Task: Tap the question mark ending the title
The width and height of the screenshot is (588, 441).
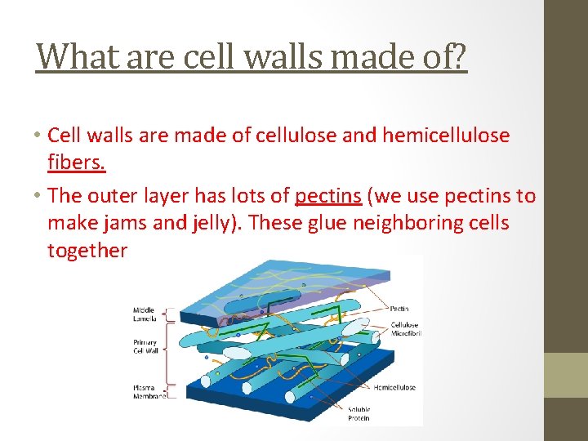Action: pos(458,56)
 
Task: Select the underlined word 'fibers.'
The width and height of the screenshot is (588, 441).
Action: pos(77,162)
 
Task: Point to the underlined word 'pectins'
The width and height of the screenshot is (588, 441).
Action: pos(328,196)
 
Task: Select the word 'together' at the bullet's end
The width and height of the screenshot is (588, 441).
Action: pos(87,250)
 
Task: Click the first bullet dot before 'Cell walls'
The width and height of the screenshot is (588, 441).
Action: pos(38,136)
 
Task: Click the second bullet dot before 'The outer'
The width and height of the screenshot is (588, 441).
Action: pos(38,197)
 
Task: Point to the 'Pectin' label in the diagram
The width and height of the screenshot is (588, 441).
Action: pos(399,309)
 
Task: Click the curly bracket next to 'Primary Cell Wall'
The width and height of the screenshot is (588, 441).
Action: pos(170,350)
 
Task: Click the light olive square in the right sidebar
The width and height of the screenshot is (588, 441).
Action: pos(567,375)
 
